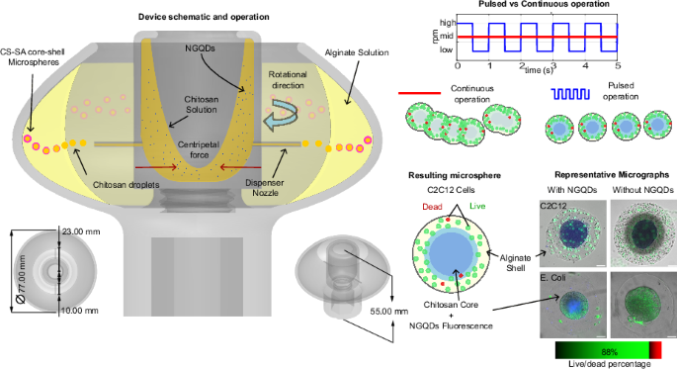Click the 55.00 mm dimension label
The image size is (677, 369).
click(x=405, y=312)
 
